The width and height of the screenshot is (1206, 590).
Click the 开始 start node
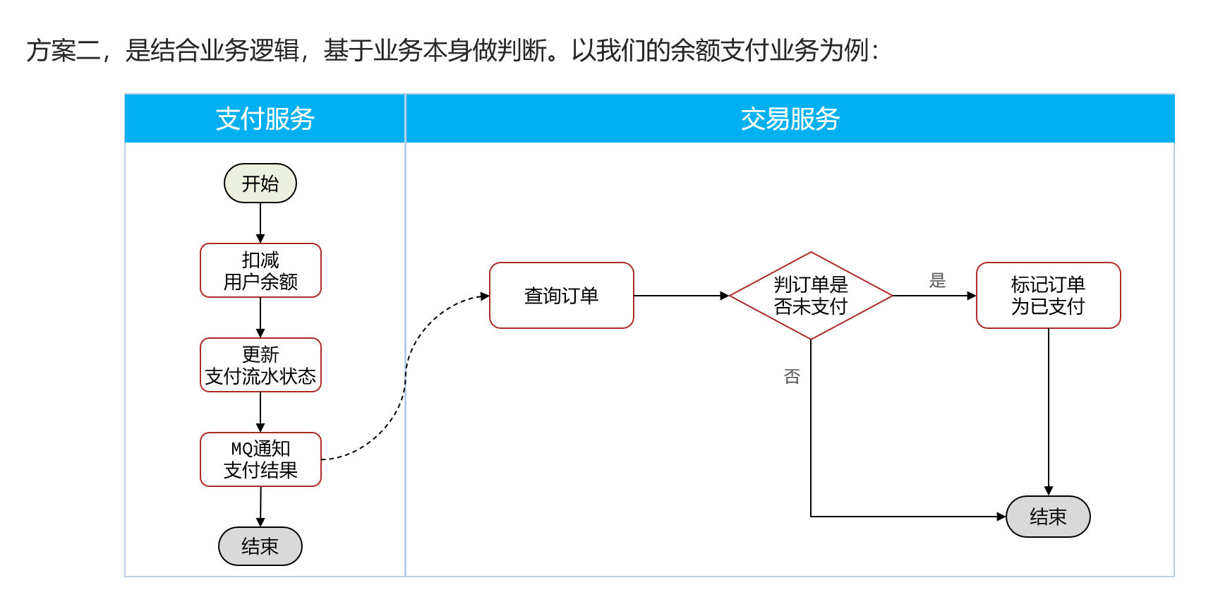point(260,183)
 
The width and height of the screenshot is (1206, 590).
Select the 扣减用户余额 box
point(260,270)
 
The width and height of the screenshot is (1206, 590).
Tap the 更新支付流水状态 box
point(260,365)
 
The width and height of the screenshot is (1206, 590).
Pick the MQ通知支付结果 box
point(260,459)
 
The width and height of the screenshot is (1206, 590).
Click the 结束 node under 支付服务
point(260,546)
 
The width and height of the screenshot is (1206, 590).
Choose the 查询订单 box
point(561,296)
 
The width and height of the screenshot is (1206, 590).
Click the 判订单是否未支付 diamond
point(811,296)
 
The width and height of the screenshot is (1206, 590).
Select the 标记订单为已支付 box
point(1048,296)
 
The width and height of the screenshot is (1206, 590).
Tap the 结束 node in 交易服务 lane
point(1048,517)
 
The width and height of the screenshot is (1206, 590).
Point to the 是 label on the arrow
point(937,281)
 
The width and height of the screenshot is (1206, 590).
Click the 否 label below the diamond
point(792,376)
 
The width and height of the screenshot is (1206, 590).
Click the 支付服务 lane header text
point(265,119)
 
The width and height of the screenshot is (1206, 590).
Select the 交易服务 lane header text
point(790,119)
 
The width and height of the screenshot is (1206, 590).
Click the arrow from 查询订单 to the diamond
point(681,296)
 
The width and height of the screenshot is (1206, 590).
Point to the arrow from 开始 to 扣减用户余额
point(260,222)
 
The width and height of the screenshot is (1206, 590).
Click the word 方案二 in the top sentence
point(63,51)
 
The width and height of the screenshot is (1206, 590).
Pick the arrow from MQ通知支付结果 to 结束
point(260,506)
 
